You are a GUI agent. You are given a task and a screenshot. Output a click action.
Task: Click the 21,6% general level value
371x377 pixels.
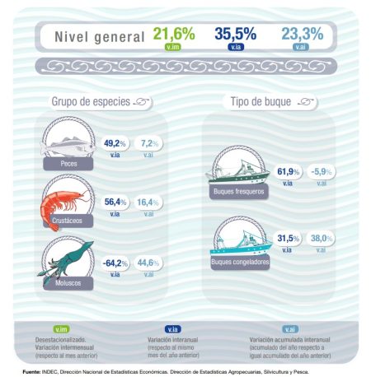173,34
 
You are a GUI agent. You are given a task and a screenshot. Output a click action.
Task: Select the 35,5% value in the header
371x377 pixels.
235,34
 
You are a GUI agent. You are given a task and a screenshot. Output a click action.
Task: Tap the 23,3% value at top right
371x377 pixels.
302,34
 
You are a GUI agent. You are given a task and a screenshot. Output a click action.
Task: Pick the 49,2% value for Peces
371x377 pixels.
114,143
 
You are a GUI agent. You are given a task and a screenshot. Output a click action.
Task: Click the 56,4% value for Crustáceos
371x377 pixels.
114,202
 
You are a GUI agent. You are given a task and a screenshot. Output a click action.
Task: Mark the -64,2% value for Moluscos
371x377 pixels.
112,263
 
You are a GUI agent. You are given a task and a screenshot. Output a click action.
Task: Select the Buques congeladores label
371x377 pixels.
239,263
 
